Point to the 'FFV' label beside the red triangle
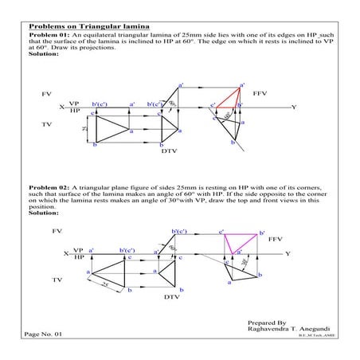[x=260, y=94]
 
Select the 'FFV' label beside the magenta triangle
[x=276, y=239]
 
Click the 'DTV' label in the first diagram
[x=169, y=150]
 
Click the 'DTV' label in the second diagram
[x=173, y=296]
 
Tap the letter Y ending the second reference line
[x=288, y=253]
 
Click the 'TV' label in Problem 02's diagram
[x=57, y=280]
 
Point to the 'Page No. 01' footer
[x=43, y=335]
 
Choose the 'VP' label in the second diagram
[x=78, y=250]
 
